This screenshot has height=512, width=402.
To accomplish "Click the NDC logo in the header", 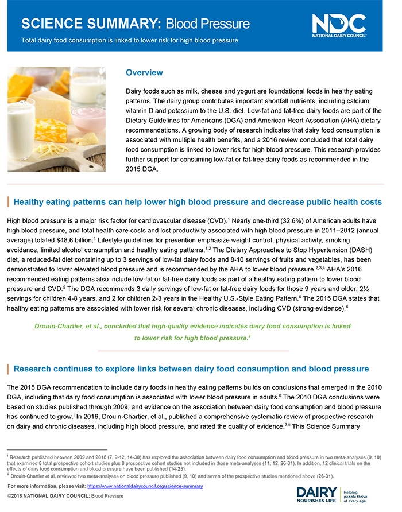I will pyautogui.click(x=338, y=25).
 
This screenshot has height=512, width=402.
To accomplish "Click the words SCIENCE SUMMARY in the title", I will pyautogui.click(x=91, y=24).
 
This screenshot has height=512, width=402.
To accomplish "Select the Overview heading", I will pyautogui.click(x=144, y=73).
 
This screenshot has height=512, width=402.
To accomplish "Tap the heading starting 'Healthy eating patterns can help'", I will pyautogui.click(x=197, y=203).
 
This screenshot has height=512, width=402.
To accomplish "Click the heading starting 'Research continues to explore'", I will pyautogui.click(x=191, y=369).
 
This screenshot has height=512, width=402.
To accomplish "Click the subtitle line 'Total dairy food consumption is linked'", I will pyautogui.click(x=129, y=41).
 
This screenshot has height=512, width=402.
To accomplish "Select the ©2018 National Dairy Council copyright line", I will pyautogui.click(x=65, y=495).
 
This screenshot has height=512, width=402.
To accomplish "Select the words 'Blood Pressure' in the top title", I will pyautogui.click(x=208, y=24).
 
